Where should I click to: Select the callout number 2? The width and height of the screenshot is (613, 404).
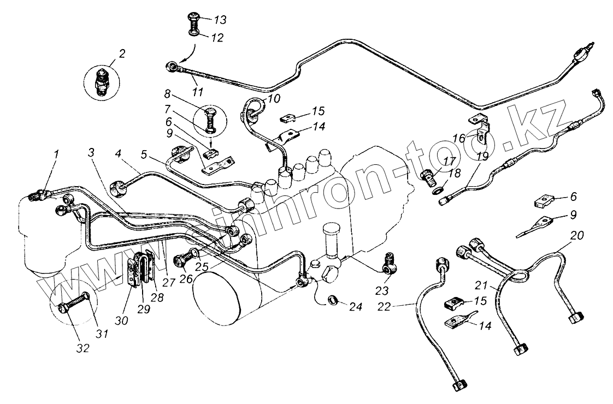click(x=122, y=54)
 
